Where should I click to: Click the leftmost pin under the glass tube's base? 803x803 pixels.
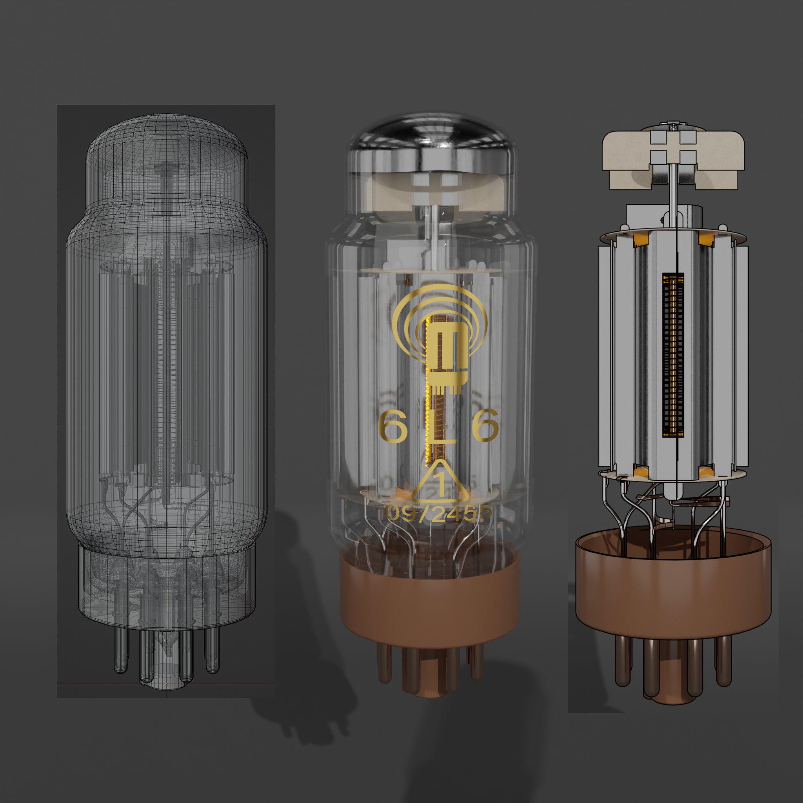(385, 661)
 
